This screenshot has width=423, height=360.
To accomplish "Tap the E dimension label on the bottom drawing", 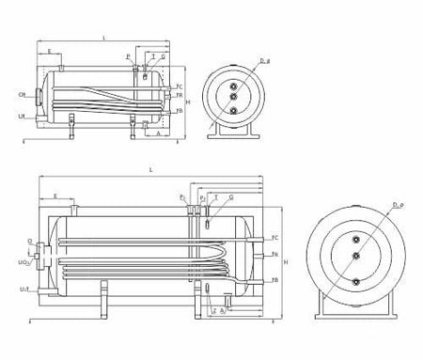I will point(57,197).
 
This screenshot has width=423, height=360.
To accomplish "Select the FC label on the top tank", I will point(179,86).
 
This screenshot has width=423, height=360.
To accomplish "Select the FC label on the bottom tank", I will point(274,238).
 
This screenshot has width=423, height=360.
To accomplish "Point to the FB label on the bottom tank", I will point(274,280).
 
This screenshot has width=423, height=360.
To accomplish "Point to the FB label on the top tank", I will point(179,110).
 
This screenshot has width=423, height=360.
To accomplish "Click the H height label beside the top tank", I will point(188,101).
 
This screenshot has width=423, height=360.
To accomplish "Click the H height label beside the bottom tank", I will point(285,261).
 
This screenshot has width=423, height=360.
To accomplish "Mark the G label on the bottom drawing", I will point(231,198).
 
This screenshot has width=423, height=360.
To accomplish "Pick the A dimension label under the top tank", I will point(157,134).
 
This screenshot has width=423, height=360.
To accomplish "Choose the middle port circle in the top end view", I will point(232,95).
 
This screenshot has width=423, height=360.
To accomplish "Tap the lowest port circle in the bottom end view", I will point(356,279).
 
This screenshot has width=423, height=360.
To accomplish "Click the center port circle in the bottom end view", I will point(356,255).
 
